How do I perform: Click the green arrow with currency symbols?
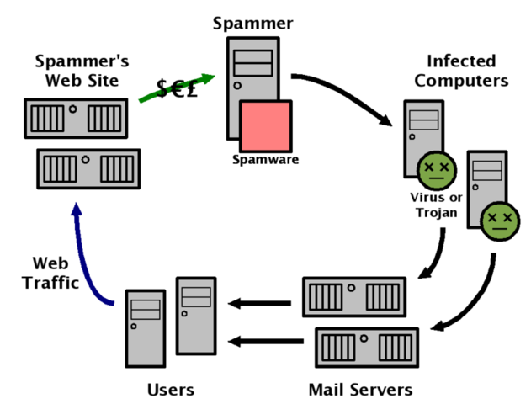(x=178, y=87)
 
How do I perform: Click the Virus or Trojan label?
(x=434, y=205)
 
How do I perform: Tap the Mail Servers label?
(x=360, y=390)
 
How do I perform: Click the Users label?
(x=170, y=390)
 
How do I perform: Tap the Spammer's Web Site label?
(x=82, y=71)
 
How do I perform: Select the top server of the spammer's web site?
(x=75, y=118)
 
